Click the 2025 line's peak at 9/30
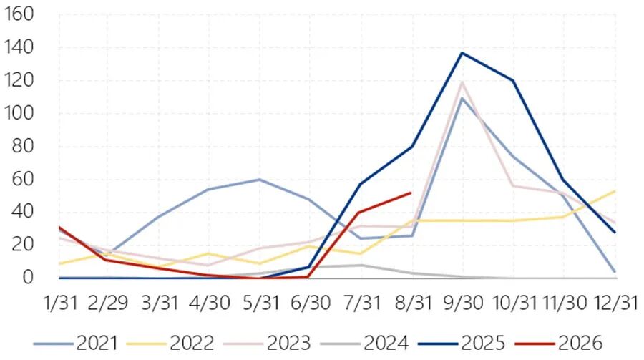(x=462, y=52)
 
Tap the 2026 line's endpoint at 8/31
(x=411, y=193)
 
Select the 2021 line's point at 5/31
(x=259, y=179)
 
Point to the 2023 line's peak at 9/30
(x=462, y=82)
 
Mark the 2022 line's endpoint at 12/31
(x=615, y=191)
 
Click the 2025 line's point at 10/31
(x=513, y=80)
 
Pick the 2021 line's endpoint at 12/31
(x=615, y=272)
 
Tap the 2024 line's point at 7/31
(x=361, y=265)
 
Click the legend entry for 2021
(x=76, y=343)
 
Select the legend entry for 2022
(x=170, y=343)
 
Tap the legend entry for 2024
(x=364, y=343)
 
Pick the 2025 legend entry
(x=462, y=343)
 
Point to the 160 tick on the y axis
(x=18, y=14)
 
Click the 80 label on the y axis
(x=23, y=146)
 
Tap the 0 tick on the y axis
(x=28, y=278)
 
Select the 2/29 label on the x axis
(x=108, y=303)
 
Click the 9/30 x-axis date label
(x=463, y=303)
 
